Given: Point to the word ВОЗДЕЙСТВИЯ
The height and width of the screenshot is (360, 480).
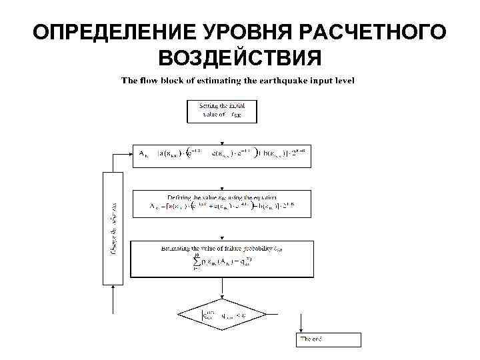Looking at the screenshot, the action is point(239,59).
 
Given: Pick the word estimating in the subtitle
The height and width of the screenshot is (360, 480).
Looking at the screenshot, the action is point(218,81).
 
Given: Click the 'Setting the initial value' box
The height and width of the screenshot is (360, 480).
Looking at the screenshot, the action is point(221,111).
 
